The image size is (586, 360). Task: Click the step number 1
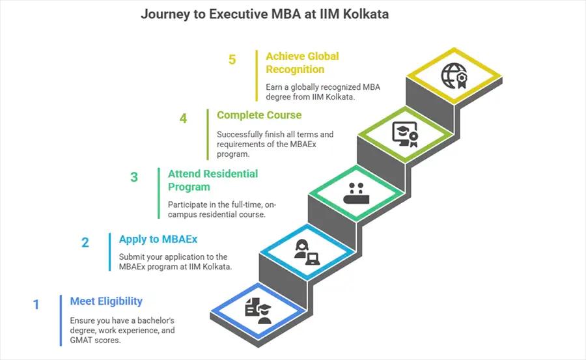pyautogui.click(x=36, y=304)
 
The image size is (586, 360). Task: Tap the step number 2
pyautogui.click(x=85, y=243)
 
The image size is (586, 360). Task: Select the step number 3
pyautogui.click(x=134, y=177)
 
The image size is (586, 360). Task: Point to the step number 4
pyautogui.click(x=184, y=118)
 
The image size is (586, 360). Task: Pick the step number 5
pyautogui.click(x=232, y=59)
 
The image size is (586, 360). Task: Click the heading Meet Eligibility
pyautogui.click(x=106, y=301)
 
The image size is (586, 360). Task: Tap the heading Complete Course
pyautogui.click(x=259, y=115)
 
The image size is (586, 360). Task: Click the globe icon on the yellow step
pyautogui.click(x=454, y=76)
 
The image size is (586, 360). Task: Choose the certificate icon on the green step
pyautogui.click(x=404, y=133)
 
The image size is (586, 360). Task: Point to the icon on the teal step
pyautogui.click(x=356, y=193)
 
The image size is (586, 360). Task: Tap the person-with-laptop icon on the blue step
pyautogui.click(x=306, y=251)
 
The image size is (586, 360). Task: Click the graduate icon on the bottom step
pyautogui.click(x=258, y=309)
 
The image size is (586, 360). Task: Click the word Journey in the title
pyautogui.click(x=163, y=14)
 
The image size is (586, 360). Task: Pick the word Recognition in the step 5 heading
pyautogui.click(x=295, y=69)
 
